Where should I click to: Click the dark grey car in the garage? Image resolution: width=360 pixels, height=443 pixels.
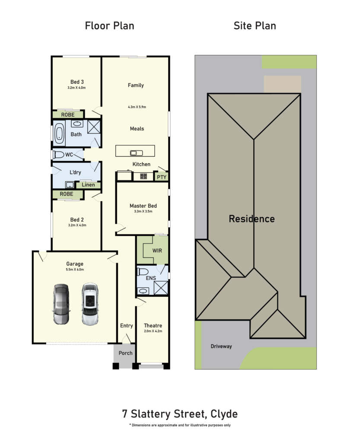(61, 304)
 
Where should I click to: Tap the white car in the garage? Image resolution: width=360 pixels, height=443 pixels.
(90, 304)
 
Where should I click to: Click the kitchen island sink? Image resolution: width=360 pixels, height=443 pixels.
(136, 153)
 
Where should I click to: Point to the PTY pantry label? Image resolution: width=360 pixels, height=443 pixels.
(162, 177)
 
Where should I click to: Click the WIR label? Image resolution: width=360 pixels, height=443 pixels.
(157, 250)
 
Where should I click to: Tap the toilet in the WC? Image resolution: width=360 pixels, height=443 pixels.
(59, 154)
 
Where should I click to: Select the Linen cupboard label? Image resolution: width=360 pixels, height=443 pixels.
(88, 185)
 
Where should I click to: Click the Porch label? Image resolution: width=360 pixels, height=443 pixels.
(126, 353)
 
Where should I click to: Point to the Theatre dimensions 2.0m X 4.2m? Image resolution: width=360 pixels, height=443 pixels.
(153, 331)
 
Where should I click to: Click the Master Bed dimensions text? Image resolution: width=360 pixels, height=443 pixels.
(143, 211)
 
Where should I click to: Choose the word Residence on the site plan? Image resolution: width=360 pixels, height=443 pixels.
(252, 219)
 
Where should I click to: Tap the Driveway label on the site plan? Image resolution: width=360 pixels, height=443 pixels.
(221, 347)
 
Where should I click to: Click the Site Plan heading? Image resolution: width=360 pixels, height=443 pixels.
(255, 26)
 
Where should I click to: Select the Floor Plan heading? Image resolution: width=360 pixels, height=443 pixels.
(109, 26)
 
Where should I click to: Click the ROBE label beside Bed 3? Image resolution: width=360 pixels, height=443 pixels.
(68, 115)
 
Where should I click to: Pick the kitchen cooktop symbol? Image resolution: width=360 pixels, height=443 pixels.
(143, 177)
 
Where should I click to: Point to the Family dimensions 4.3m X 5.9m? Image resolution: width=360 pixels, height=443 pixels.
(137, 107)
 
